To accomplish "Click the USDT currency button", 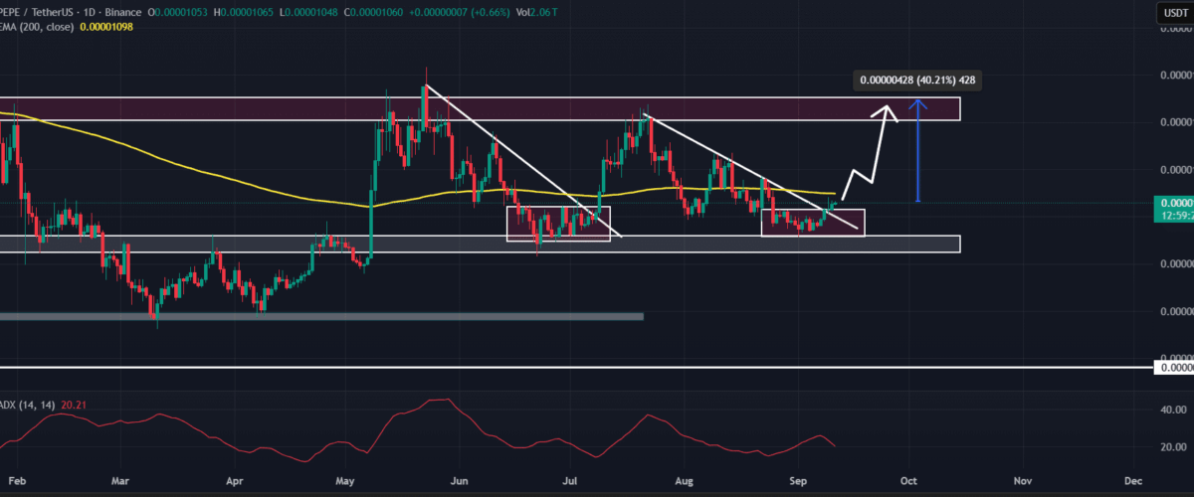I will pyautogui.click(x=1171, y=11).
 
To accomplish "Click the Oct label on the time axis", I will pyautogui.click(x=907, y=479).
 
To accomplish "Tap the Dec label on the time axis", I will pyautogui.click(x=1132, y=479).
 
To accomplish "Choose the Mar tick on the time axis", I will pyautogui.click(x=119, y=479).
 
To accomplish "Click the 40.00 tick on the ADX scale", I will pyautogui.click(x=1168, y=409).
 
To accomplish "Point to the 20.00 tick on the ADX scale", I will pyautogui.click(x=1168, y=447).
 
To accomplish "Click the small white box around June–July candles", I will pyautogui.click(x=558, y=224).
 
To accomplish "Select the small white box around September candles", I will pyautogui.click(x=812, y=223).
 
